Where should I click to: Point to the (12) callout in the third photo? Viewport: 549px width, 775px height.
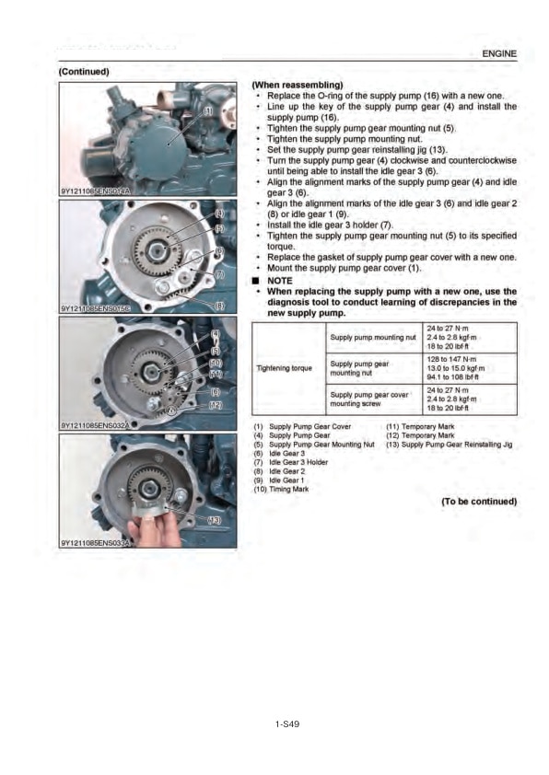pyautogui.click(x=214, y=405)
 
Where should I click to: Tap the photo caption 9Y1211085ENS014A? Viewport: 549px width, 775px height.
pyautogui.click(x=96, y=191)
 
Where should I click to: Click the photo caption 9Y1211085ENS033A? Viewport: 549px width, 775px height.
pyautogui.click(x=96, y=544)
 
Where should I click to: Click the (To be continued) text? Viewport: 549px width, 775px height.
pyautogui.click(x=479, y=502)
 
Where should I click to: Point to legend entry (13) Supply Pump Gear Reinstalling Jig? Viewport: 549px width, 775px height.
pyautogui.click(x=449, y=445)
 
